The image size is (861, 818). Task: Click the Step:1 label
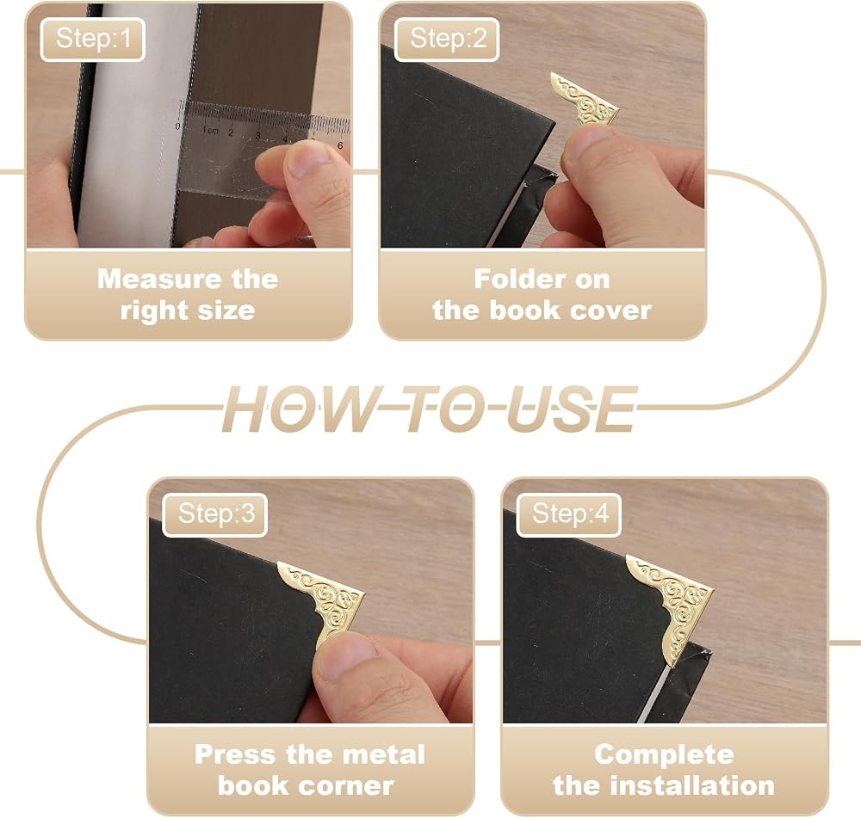(93, 39)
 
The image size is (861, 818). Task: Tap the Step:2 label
(447, 39)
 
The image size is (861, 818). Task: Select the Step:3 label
(215, 514)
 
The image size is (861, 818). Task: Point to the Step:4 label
(569, 514)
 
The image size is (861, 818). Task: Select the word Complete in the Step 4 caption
(664, 755)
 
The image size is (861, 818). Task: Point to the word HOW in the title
(296, 409)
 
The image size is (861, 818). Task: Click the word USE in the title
(570, 409)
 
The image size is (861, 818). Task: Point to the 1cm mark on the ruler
(210, 131)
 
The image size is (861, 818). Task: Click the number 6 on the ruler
(340, 145)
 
